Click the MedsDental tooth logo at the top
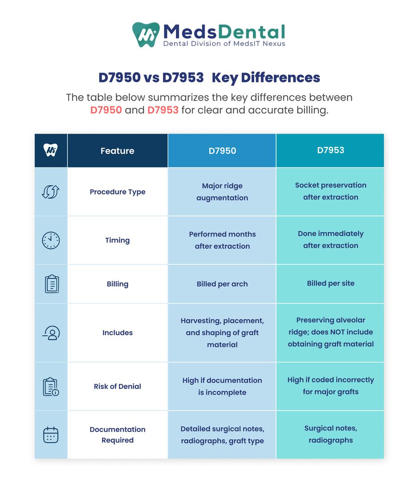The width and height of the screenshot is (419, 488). (x=146, y=35)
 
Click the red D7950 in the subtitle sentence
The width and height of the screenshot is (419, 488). (x=106, y=110)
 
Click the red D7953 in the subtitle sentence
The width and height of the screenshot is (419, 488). (x=163, y=110)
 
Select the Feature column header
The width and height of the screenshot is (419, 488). (x=118, y=151)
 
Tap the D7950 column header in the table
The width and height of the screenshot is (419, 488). (x=222, y=151)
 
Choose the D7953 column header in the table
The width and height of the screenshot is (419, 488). (x=330, y=150)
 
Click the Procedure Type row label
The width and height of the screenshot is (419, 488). (x=118, y=192)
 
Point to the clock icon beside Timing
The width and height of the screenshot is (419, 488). (x=51, y=240)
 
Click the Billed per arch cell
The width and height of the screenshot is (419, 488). (x=222, y=284)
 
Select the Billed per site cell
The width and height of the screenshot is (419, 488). (x=330, y=283)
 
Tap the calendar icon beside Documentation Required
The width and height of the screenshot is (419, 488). (x=51, y=435)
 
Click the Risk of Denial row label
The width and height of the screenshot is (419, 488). (x=118, y=386)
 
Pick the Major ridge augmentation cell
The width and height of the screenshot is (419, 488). (x=222, y=192)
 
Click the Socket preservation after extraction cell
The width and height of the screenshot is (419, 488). (x=330, y=191)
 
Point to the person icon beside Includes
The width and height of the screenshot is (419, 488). (x=51, y=333)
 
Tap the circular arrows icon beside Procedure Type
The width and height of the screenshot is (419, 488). (x=51, y=192)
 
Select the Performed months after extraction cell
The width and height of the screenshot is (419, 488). (x=222, y=240)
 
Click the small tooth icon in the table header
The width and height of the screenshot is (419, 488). (x=51, y=150)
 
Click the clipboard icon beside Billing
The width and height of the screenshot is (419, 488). (x=51, y=284)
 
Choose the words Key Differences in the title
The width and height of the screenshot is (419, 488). (x=266, y=78)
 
